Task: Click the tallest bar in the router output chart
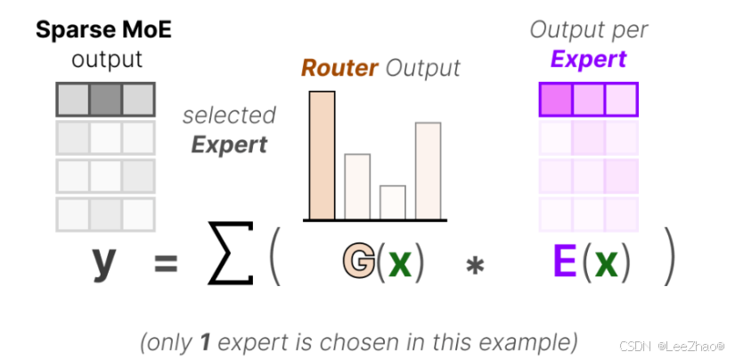(x=323, y=155)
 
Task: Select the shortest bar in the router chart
(x=393, y=202)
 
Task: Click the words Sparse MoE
(x=103, y=29)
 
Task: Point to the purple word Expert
(x=588, y=60)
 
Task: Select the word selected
(x=229, y=116)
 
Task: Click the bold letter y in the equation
(x=104, y=263)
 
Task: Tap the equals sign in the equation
(x=167, y=264)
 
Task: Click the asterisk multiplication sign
(x=474, y=266)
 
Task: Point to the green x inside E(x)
(x=606, y=262)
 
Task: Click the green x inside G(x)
(x=401, y=262)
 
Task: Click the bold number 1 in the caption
(x=205, y=341)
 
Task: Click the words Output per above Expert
(x=588, y=29)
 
